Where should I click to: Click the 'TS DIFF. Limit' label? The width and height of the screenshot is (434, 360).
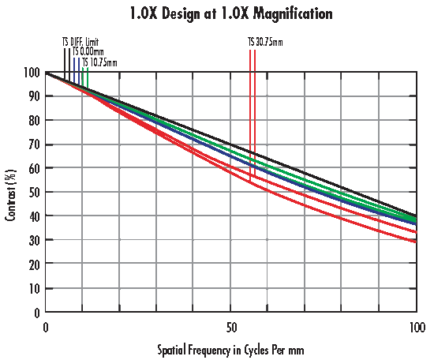coord(80,41)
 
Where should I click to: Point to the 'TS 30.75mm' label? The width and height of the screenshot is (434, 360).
coord(265,41)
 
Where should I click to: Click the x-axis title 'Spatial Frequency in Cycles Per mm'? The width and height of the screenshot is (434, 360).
coord(230,348)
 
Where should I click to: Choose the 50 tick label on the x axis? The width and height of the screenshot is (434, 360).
coord(230,326)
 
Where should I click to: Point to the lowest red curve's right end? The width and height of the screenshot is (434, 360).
coord(415,242)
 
